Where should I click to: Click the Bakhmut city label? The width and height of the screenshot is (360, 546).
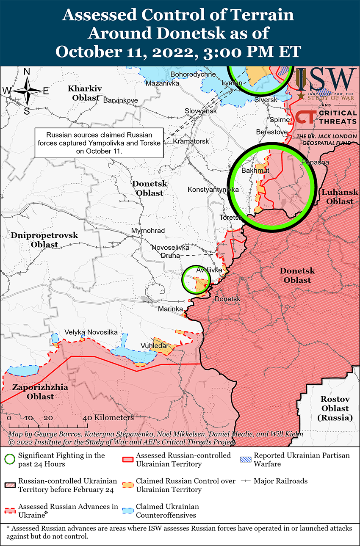click(255, 171)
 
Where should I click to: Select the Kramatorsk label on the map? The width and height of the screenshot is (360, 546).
click(191, 141)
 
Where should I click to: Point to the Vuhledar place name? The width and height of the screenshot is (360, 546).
click(157, 346)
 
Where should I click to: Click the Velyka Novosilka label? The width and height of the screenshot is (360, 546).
click(91, 332)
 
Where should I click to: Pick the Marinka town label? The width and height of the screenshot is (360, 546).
click(170, 309)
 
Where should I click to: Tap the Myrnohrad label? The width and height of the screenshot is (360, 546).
click(148, 231)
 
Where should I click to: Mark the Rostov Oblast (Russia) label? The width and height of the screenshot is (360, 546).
click(335, 408)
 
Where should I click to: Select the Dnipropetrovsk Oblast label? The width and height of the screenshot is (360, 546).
click(44, 240)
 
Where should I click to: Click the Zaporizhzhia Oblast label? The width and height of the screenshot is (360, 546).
click(33, 392)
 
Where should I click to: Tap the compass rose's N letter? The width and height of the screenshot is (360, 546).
click(27, 72)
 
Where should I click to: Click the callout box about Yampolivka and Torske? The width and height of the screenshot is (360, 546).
click(99, 143)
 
